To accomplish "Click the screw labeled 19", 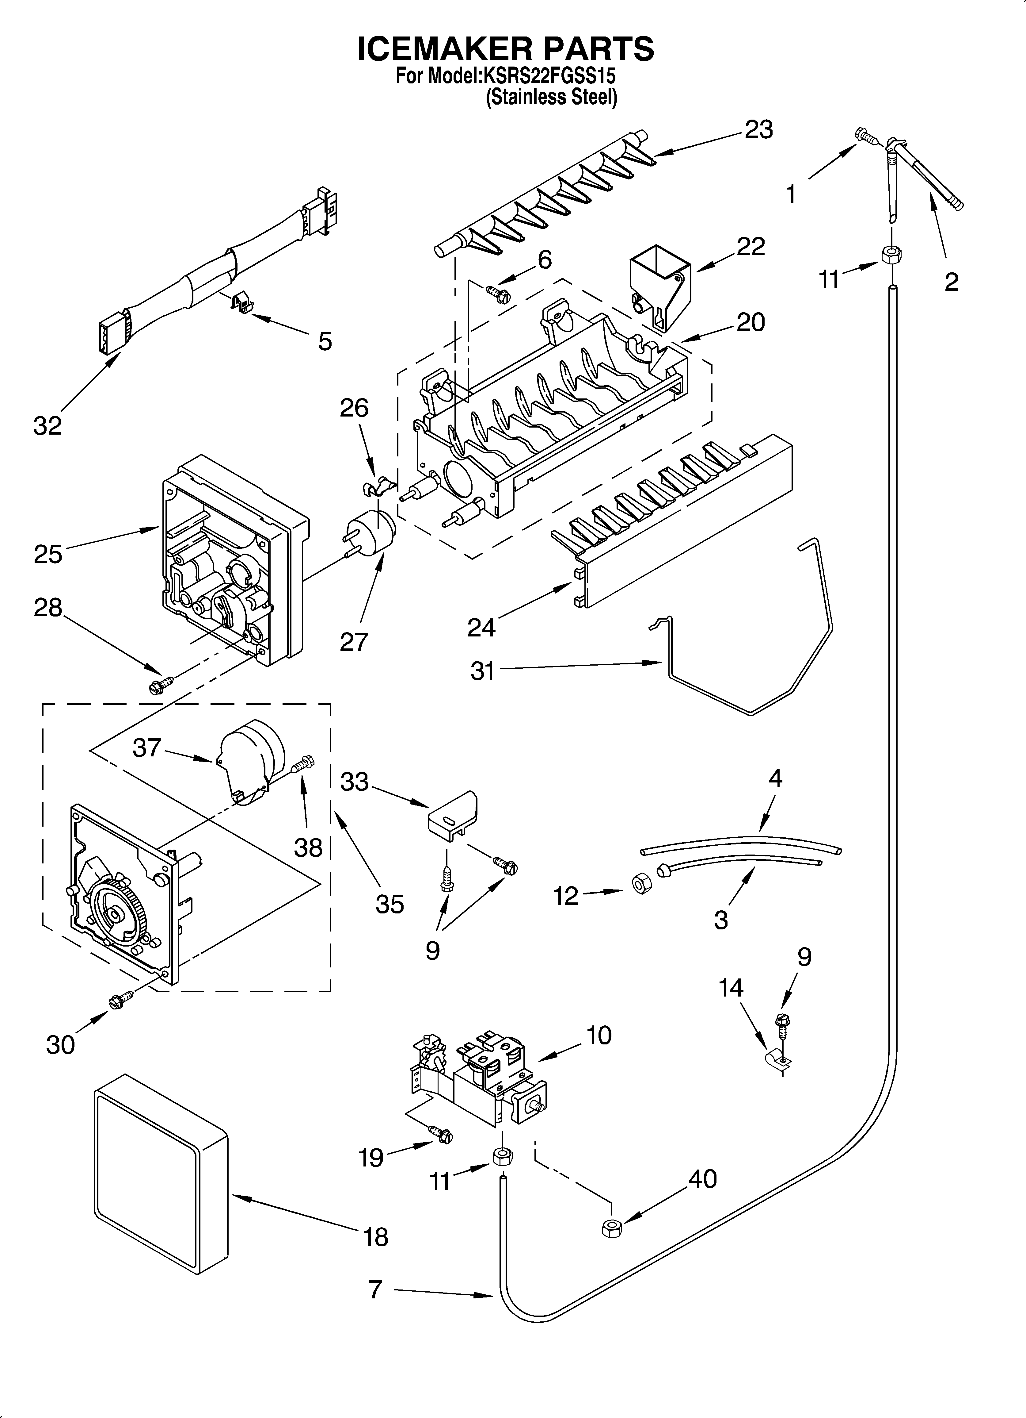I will click(441, 1133).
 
